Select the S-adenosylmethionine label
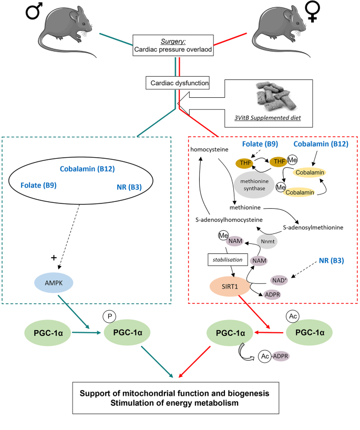313,227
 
